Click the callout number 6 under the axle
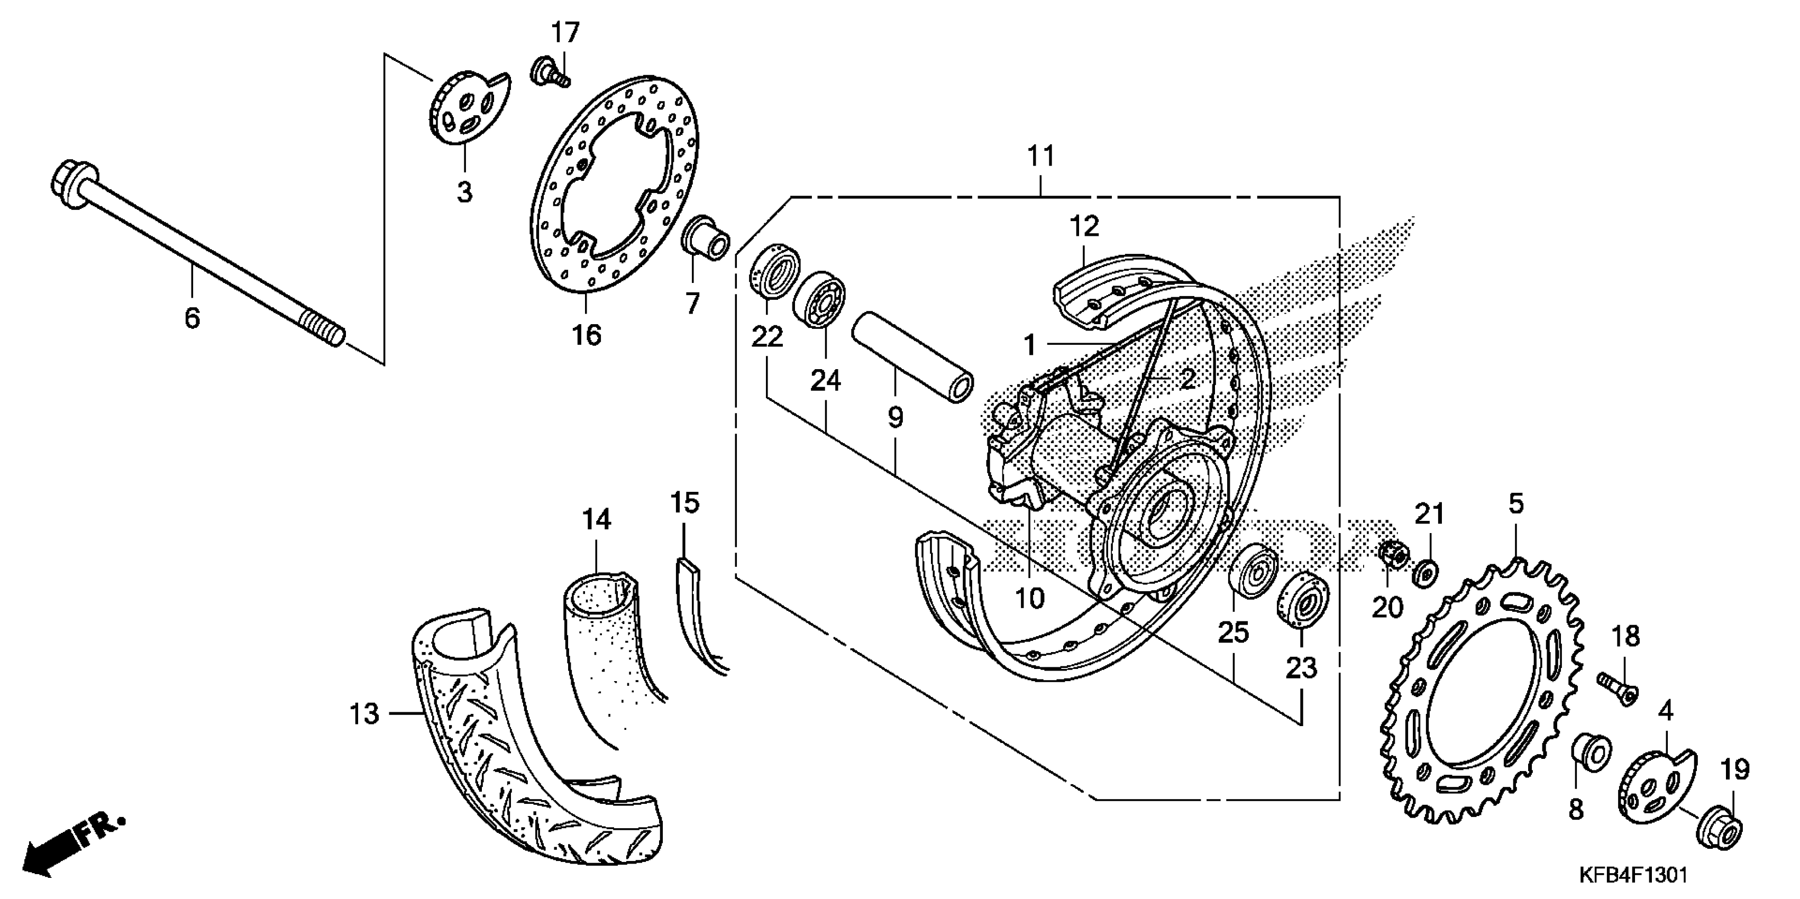coord(192,318)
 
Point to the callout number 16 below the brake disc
coord(587,335)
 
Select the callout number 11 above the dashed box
coord(1040,156)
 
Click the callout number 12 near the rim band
coord(1084,226)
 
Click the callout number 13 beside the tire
coord(364,714)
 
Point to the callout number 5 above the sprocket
coord(1515,503)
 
